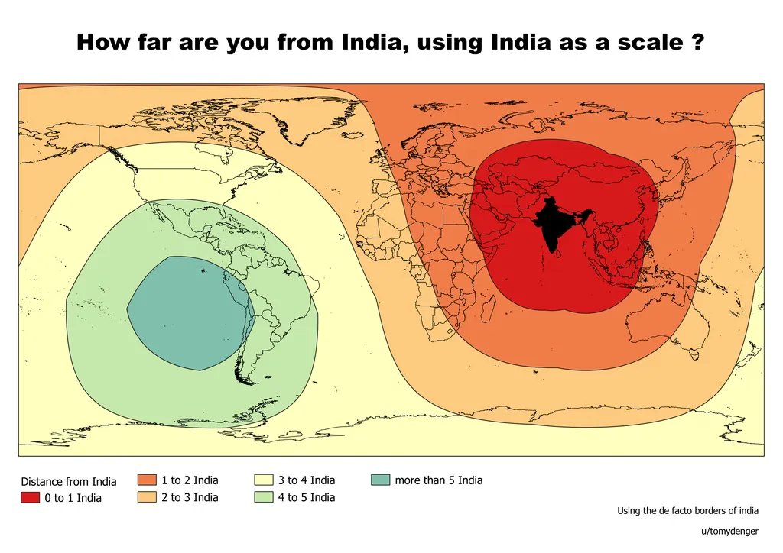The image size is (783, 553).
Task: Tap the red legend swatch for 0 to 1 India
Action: click(x=30, y=498)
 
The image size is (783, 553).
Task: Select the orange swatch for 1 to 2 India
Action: click(x=147, y=480)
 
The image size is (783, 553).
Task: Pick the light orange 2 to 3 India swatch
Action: click(x=147, y=497)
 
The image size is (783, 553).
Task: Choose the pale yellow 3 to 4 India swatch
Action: click(x=263, y=480)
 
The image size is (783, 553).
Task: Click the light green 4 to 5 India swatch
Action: click(x=263, y=497)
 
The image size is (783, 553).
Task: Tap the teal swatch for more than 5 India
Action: click(x=380, y=480)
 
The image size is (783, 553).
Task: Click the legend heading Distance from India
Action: click(x=69, y=481)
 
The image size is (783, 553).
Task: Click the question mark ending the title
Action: click(x=697, y=42)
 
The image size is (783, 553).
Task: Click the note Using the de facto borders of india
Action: click(x=687, y=511)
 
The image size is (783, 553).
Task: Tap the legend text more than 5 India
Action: click(x=438, y=480)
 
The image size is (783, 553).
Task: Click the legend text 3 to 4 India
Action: click(x=306, y=480)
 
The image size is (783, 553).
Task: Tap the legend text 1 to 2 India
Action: click(x=189, y=480)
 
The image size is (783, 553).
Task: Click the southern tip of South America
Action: click(x=243, y=379)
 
